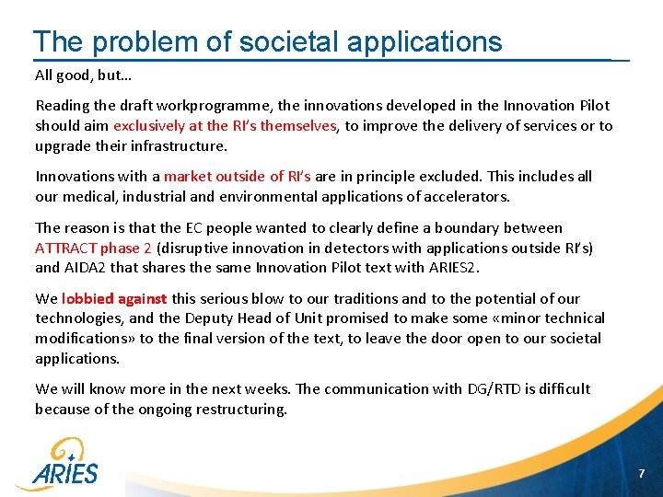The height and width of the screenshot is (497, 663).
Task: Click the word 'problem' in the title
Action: click(x=141, y=41)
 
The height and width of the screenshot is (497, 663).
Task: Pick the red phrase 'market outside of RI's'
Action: click(x=238, y=177)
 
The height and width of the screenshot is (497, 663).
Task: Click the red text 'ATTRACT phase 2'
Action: click(x=93, y=248)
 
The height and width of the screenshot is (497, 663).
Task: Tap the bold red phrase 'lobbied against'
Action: click(x=114, y=299)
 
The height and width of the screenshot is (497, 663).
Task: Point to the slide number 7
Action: click(x=643, y=473)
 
